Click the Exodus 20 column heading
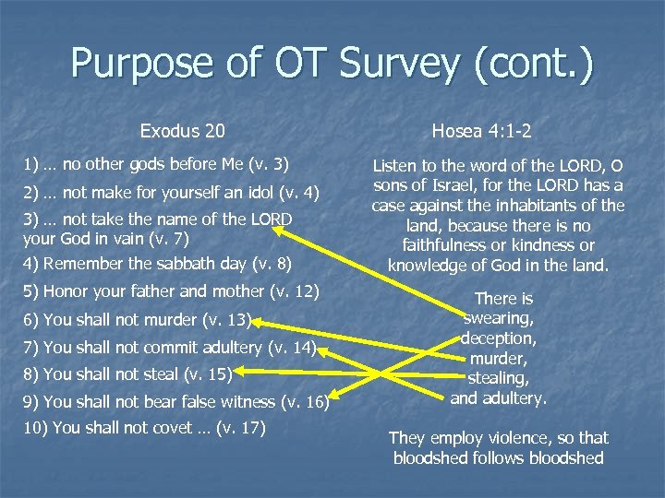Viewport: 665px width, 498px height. pyautogui.click(x=182, y=131)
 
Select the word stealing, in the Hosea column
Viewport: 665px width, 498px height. pyautogui.click(x=499, y=377)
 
